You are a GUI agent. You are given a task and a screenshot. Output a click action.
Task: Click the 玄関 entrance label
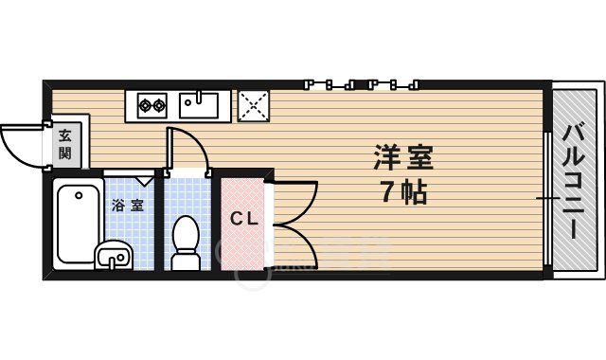[x=65, y=142]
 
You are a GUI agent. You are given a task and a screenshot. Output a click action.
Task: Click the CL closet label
[x=244, y=219]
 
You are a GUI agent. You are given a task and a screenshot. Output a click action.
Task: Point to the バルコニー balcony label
[x=575, y=179]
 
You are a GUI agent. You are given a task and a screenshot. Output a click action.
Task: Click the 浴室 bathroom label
[x=129, y=205]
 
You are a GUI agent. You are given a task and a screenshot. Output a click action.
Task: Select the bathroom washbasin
[x=115, y=254]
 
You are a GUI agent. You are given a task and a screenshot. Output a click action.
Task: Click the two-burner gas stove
[x=151, y=104]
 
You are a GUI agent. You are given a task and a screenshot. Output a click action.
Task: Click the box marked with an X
[x=253, y=106]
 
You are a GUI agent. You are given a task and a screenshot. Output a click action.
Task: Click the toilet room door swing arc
[x=189, y=147]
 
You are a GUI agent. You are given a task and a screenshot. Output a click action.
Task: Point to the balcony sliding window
[x=547, y=199]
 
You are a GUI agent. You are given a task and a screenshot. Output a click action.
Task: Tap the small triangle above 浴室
[x=145, y=180]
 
